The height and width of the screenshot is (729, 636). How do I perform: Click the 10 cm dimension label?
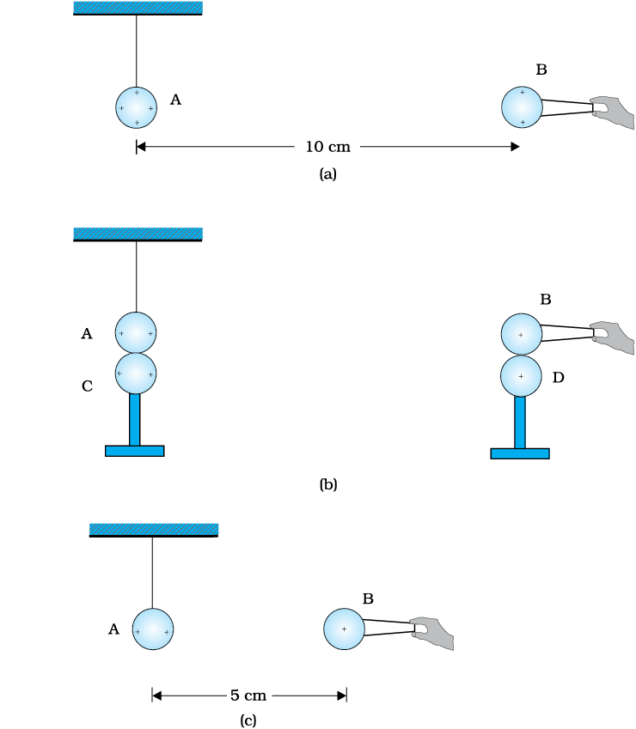tap(327, 147)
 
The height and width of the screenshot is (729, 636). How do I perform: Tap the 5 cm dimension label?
tap(248, 696)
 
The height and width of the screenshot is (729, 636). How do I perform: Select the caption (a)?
tap(328, 174)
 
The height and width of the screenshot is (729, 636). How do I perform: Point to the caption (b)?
tap(328, 484)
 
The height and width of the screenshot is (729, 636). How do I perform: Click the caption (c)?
tap(248, 720)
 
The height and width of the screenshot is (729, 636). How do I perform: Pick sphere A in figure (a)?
tap(137, 107)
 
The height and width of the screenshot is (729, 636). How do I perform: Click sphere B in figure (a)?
tap(522, 107)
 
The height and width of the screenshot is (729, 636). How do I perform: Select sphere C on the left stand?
tap(136, 374)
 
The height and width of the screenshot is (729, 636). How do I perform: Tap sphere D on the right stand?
tap(521, 376)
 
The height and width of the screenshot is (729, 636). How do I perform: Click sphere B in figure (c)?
tap(345, 629)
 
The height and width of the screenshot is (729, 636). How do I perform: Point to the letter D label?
tap(559, 378)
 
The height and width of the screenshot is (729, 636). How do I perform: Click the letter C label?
tap(87, 386)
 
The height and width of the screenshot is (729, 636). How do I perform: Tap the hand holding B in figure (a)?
tap(613, 112)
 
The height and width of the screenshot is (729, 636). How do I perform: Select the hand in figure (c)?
tap(432, 633)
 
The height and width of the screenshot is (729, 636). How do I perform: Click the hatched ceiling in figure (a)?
tap(138, 9)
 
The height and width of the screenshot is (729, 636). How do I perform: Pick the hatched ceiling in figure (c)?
tap(154, 530)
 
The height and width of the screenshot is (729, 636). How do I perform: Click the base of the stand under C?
tap(134, 451)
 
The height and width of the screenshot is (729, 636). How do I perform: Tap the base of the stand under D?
tap(520, 453)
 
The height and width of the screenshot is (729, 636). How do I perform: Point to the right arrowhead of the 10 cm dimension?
tap(515, 147)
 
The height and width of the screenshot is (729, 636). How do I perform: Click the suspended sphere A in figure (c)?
tap(153, 629)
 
